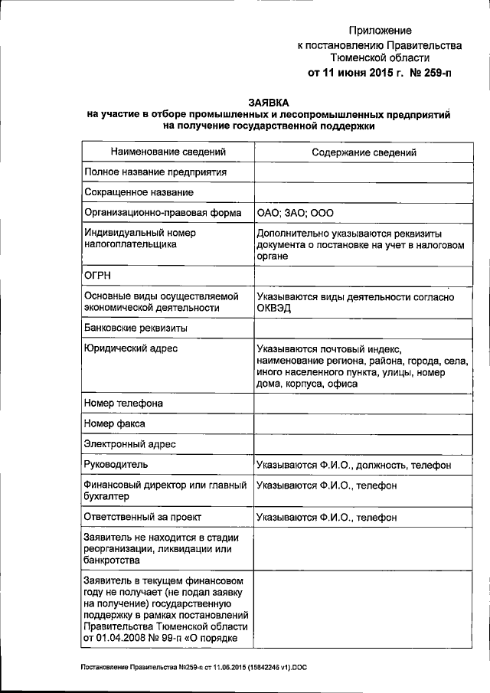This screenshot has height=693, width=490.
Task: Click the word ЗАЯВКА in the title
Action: pyautogui.click(x=269, y=102)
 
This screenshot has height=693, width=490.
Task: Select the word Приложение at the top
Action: pyautogui.click(x=380, y=31)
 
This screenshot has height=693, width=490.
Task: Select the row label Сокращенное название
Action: pyautogui.click(x=139, y=192)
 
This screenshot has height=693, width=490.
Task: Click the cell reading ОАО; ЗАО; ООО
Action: pyautogui.click(x=296, y=213)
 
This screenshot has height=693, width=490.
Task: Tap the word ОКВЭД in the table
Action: pyautogui.click(x=275, y=308)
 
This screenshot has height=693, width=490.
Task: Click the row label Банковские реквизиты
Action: pyautogui.click(x=136, y=329)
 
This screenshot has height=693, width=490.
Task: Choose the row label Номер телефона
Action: pyautogui.click(x=123, y=403)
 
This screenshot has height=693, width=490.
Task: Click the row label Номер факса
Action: pyautogui.click(x=115, y=423)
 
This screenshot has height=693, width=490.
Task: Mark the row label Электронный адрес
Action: pyautogui.click(x=130, y=443)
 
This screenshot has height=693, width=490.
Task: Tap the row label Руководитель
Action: pyautogui.click(x=117, y=464)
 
